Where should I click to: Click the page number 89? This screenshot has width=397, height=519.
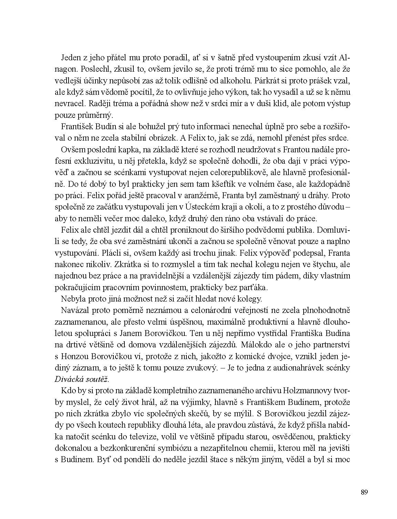[x=364, y=491]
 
